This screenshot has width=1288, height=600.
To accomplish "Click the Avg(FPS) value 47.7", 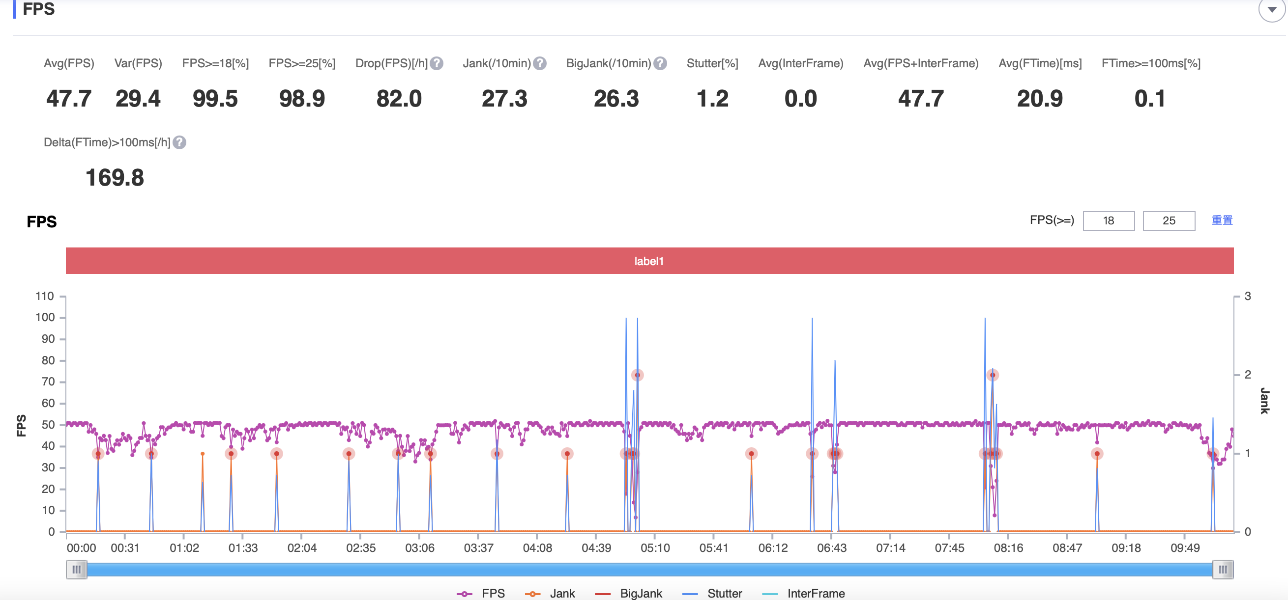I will coord(68,98).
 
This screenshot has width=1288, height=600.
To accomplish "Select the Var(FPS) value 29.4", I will coord(138,98).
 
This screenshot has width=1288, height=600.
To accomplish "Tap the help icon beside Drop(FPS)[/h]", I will coord(437,63).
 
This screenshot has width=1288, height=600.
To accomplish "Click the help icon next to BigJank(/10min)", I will coord(660,63).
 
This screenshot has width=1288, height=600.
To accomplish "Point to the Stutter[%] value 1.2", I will coord(712,98).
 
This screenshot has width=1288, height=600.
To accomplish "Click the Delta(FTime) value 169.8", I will coord(115,178).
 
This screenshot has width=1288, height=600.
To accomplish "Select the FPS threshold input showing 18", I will coord(1108,221).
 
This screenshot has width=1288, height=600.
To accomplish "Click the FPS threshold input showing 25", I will coord(1169,221).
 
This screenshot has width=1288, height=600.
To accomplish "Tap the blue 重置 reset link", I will coord(1222,220).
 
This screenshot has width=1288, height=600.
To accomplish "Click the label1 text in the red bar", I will coord(648,261).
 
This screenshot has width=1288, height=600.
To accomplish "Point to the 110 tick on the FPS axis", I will coord(45,296).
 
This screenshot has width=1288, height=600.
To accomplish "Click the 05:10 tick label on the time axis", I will coord(655,548).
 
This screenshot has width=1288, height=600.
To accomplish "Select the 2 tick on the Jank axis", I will coord(1248,375).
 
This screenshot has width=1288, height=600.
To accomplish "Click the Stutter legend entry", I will coord(712,594).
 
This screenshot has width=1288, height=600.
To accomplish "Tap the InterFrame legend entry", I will coord(803,594).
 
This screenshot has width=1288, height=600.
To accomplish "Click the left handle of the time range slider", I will coord(77,570).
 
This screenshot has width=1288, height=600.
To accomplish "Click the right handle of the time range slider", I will coord(1223,570).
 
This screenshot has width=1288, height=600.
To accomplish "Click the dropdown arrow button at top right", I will coord(1271,9).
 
